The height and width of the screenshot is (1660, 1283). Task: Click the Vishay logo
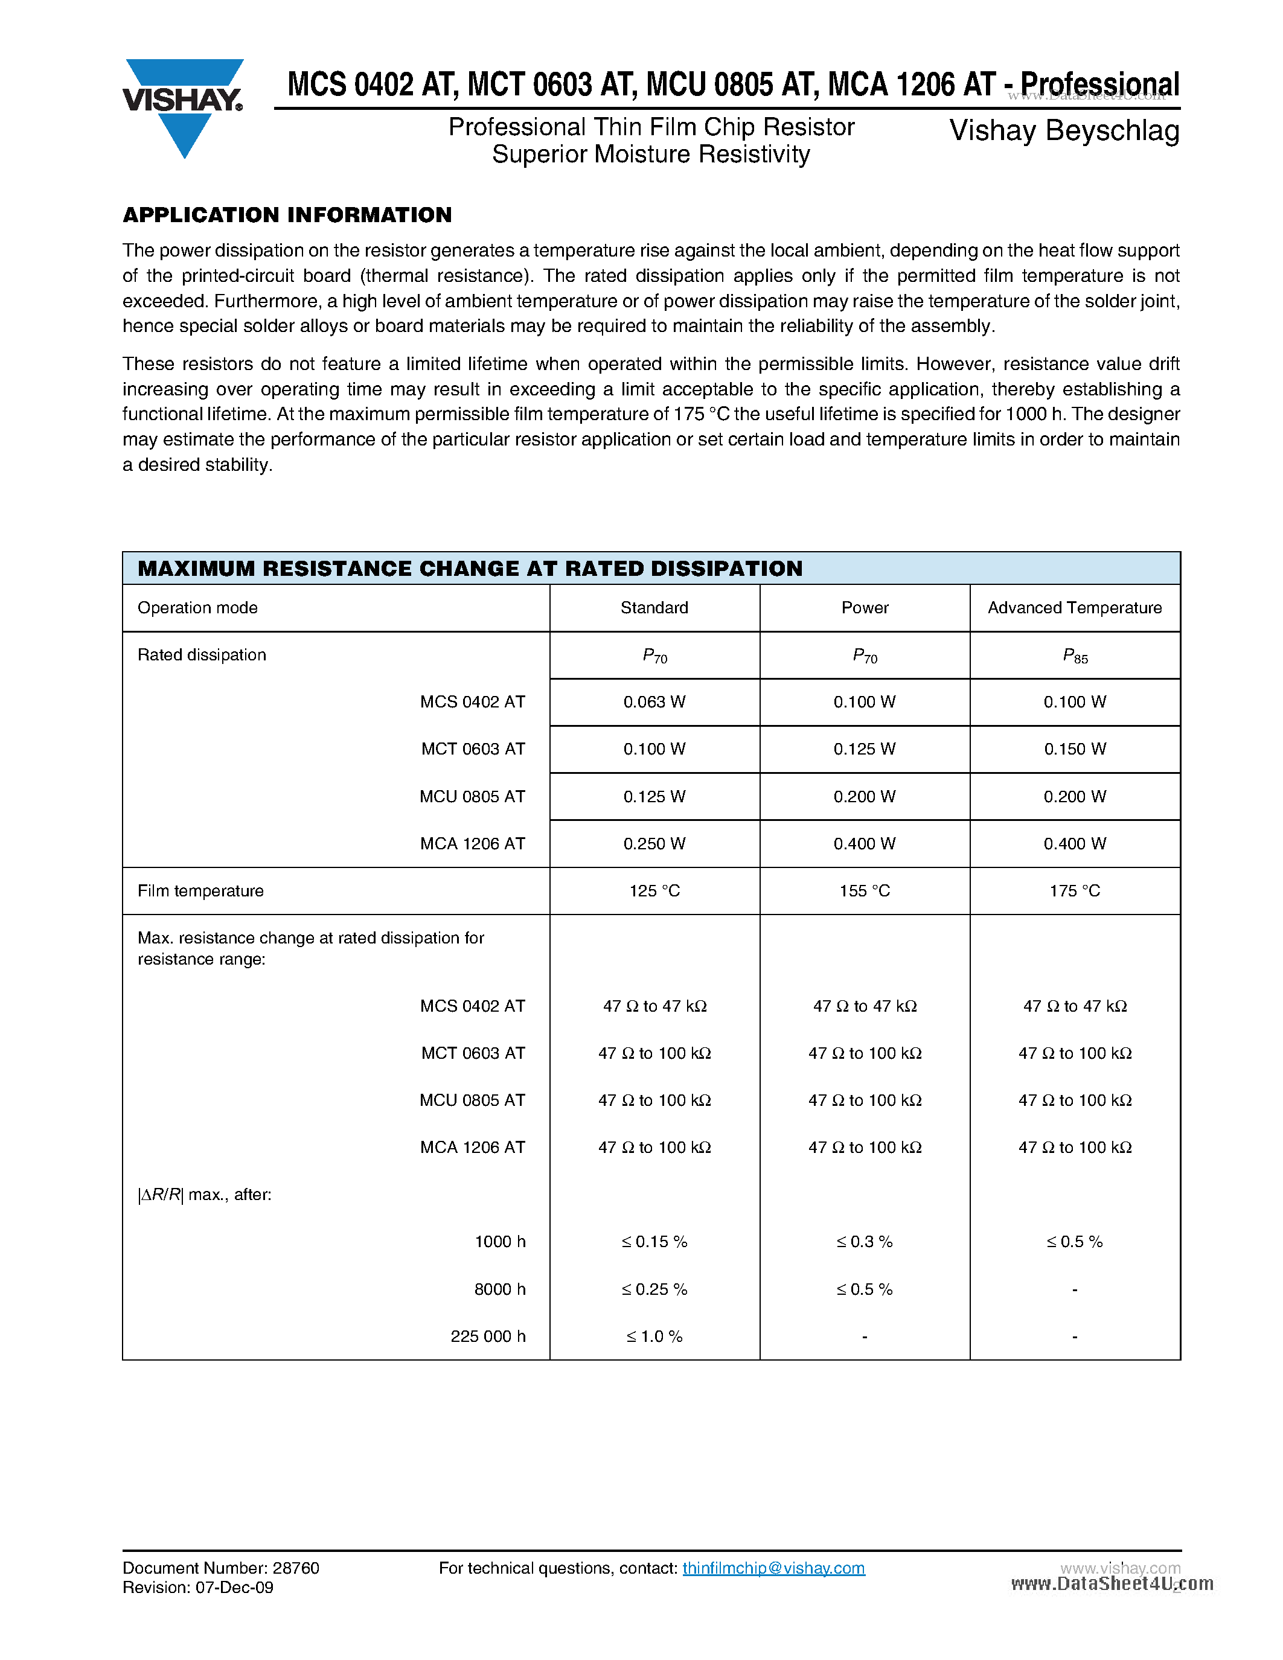click(182, 106)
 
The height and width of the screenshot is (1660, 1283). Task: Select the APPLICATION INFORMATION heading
click(287, 215)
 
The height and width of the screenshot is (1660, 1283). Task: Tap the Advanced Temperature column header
click(1074, 608)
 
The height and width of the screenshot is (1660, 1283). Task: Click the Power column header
click(864, 608)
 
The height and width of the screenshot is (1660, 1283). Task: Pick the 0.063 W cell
click(654, 702)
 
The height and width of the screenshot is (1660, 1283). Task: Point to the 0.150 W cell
click(1074, 750)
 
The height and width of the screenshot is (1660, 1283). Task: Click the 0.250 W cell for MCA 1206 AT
click(654, 844)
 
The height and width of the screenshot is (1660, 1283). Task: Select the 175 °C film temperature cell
click(1074, 891)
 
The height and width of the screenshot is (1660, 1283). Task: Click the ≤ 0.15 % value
click(654, 1242)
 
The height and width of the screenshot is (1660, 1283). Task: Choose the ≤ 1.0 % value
click(654, 1336)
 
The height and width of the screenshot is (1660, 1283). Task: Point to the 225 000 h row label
click(487, 1336)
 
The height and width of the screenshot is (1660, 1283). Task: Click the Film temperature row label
click(200, 891)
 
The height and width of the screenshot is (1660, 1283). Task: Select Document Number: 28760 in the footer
click(220, 1568)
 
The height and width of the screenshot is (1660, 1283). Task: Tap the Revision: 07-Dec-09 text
click(197, 1588)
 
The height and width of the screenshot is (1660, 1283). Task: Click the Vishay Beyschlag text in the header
click(1064, 131)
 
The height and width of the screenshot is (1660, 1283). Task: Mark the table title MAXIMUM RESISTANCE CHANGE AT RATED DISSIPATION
click(470, 569)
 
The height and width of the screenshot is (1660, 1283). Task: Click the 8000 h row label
click(499, 1289)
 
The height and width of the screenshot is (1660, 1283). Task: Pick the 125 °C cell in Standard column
click(654, 891)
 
